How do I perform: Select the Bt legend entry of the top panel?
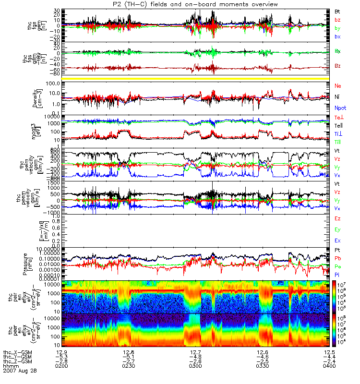337,11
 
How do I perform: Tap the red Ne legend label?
337,85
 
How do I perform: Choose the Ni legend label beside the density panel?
337,96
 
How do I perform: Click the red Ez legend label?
337,218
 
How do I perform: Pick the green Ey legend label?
337,229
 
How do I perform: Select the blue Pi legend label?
337,274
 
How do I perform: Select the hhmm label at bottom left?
11,366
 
